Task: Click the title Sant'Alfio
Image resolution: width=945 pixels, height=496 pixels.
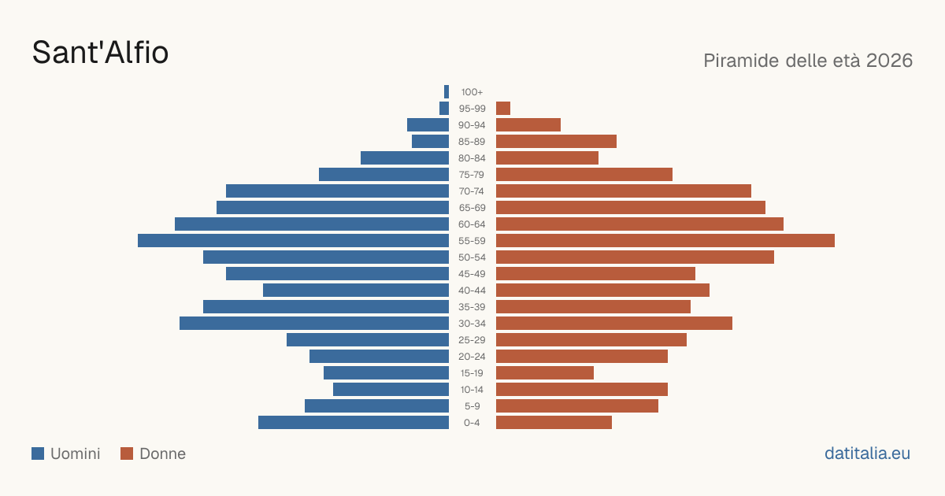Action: [101, 52]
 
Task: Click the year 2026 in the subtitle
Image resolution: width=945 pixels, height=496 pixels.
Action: [889, 61]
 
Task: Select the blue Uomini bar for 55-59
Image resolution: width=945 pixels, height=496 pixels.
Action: [293, 241]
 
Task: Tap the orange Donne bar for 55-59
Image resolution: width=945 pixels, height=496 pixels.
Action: [665, 241]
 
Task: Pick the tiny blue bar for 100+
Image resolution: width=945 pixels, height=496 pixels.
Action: [447, 92]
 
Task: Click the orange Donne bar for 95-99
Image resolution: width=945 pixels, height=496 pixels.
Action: [503, 109]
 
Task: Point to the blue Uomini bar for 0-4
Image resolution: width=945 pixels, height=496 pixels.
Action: [354, 423]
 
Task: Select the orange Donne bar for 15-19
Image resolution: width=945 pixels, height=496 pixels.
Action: [545, 373]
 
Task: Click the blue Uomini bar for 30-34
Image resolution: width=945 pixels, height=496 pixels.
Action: [314, 324]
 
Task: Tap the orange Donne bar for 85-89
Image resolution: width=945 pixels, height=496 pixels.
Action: [557, 141]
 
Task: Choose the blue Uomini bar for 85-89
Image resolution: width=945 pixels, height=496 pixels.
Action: [430, 141]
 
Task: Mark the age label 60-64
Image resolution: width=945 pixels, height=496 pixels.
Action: [472, 224]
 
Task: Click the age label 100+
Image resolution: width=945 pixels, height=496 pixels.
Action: [472, 92]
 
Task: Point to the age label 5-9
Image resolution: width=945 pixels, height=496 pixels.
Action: [472, 406]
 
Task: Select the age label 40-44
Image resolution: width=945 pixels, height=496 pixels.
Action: [472, 291]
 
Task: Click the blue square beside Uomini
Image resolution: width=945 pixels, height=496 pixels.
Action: [38, 453]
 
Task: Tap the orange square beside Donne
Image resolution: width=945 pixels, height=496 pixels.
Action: [127, 453]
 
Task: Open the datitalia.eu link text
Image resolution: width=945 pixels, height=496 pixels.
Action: [867, 453]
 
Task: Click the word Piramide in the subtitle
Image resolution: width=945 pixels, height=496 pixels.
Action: [742, 61]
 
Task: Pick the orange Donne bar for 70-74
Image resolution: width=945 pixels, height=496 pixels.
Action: [624, 191]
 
